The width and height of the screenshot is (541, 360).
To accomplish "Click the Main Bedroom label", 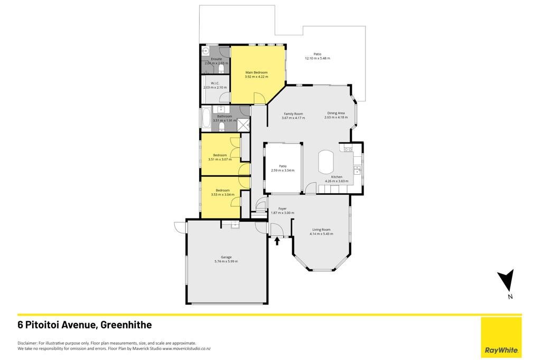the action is click(x=256, y=72).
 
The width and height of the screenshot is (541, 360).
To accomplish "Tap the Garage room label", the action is click(x=226, y=257).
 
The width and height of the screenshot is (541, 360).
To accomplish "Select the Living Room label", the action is click(x=321, y=229).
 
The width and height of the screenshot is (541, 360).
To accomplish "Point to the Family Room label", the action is click(x=293, y=113).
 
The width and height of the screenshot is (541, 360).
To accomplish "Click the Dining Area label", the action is click(x=335, y=113).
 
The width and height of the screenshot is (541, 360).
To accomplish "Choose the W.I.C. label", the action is click(x=215, y=83).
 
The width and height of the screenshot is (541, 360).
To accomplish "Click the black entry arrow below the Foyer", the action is click(x=277, y=240).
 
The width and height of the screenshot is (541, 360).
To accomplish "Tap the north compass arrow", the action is click(x=507, y=279).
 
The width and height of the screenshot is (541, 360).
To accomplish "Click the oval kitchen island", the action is click(x=325, y=162).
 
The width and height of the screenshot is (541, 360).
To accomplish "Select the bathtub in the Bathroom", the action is click(x=206, y=119).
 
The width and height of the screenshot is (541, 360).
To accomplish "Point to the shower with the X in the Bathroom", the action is click(x=243, y=125).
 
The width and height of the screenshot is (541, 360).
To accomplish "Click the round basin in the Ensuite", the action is click(x=205, y=51).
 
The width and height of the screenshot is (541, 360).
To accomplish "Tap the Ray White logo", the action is click(x=501, y=350).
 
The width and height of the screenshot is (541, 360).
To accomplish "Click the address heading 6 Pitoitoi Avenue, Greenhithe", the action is click(x=85, y=325).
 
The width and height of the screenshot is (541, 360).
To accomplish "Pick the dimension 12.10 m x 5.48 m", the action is click(x=318, y=58).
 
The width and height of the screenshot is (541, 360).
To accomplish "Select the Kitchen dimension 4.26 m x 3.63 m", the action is click(x=337, y=181).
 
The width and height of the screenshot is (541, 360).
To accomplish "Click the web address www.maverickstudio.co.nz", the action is click(x=186, y=348).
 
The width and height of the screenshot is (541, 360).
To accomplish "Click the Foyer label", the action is click(x=282, y=209).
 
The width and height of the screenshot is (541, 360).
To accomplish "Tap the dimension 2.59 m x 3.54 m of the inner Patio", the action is click(x=283, y=170).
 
